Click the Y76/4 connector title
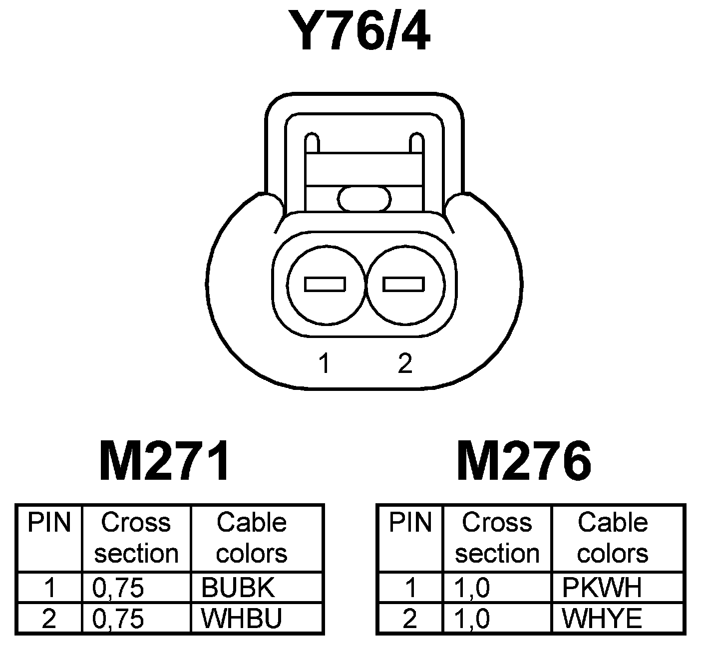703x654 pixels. (364, 31)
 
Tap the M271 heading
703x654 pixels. (165, 461)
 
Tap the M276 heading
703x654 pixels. (524, 461)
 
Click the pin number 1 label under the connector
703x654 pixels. (325, 363)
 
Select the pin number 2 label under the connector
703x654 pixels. (404, 363)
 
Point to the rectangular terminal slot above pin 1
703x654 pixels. (325, 285)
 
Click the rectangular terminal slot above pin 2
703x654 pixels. (403, 285)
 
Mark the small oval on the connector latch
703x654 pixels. (364, 199)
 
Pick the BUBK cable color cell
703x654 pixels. (238, 588)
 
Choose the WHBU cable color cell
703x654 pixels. (242, 618)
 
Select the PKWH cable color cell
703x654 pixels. (602, 588)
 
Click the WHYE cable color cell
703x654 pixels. (602, 618)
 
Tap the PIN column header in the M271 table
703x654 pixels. (49, 523)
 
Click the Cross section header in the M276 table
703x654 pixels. (497, 538)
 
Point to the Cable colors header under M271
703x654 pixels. (252, 538)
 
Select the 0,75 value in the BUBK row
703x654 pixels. (118, 588)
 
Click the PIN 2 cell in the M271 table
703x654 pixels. (49, 618)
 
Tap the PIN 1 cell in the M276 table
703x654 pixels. (410, 588)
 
